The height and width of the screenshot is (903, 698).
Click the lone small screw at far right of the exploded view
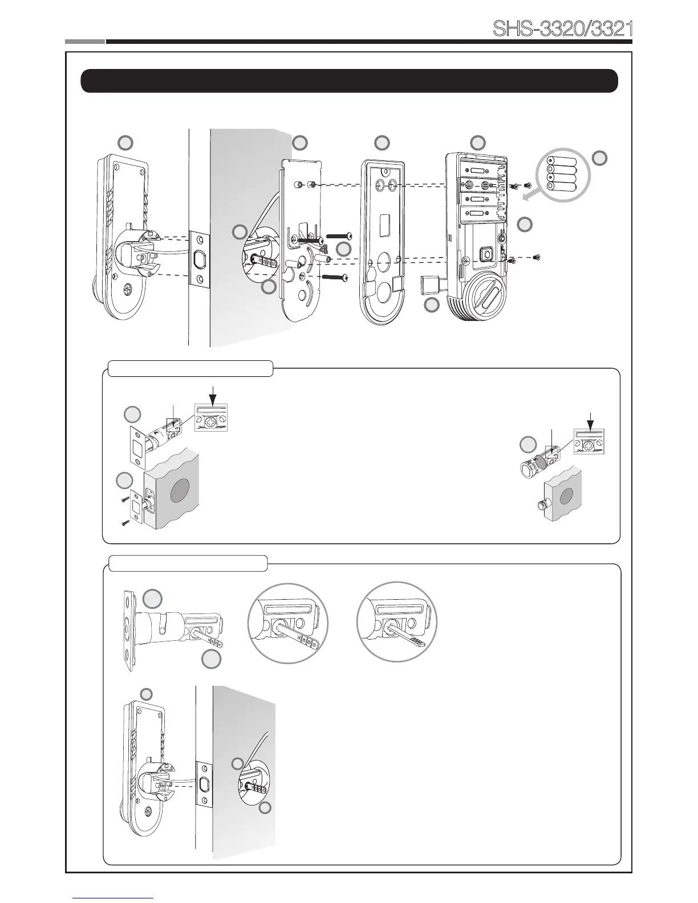(536, 258)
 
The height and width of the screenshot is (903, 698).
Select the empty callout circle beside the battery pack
(599, 158)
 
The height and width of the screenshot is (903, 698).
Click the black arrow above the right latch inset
(590, 418)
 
